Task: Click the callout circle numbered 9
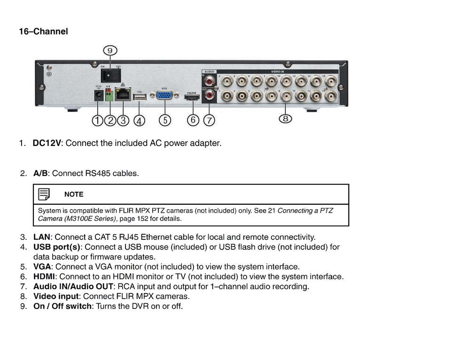[x=110, y=50]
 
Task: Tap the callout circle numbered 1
[x=97, y=120]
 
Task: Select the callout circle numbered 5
[x=164, y=120]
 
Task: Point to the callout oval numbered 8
[x=286, y=118]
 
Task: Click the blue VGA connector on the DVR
[x=164, y=96]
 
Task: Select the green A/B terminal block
[x=109, y=96]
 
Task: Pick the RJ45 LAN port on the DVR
[x=123, y=96]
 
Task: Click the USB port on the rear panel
[x=140, y=97]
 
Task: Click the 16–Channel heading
[x=43, y=31]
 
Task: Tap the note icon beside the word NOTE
[x=44, y=194]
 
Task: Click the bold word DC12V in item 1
[x=47, y=143]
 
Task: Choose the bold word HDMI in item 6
[x=44, y=276]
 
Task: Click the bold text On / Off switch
[x=62, y=306]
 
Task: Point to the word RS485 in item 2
[x=98, y=173]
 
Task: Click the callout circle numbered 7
[x=209, y=120]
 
